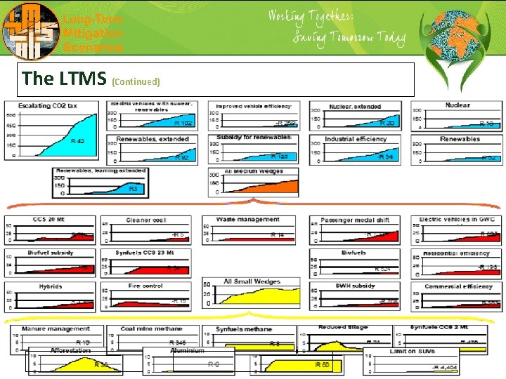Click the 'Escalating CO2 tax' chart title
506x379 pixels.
click(58, 105)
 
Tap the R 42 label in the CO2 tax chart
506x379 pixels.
click(77, 141)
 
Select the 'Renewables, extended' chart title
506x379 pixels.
click(153, 139)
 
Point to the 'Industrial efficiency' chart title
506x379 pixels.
click(356, 139)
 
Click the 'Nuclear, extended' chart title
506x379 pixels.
click(355, 107)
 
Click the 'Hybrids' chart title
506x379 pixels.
click(51, 286)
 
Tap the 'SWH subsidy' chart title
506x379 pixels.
click(354, 286)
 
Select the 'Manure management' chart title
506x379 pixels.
click(56, 328)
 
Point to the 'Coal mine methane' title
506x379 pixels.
click(151, 328)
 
